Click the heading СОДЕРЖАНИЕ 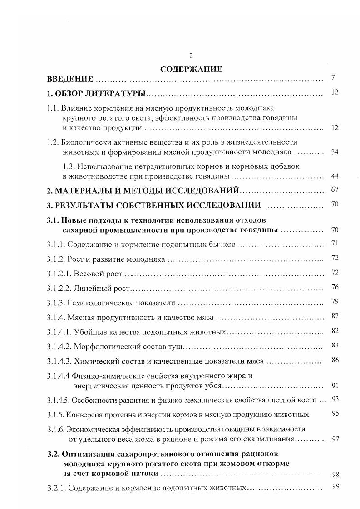click(191, 69)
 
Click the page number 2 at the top click(191, 56)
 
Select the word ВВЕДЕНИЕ click(70, 79)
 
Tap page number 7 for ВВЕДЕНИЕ click(333, 78)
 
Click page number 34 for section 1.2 click(335, 152)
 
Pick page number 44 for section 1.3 click(335, 176)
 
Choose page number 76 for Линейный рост click(335, 287)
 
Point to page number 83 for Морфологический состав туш click(335, 345)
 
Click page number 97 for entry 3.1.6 click(335, 440)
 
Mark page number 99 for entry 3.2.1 click(335, 487)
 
